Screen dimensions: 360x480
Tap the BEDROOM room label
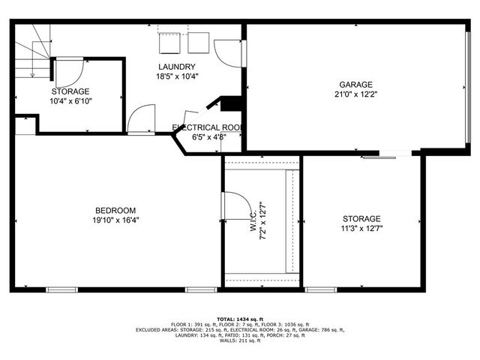pos(115,209)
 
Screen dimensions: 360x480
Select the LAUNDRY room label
pos(177,67)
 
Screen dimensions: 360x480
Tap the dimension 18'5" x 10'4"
pos(177,76)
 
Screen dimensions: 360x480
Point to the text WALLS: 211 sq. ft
pos(240,340)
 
